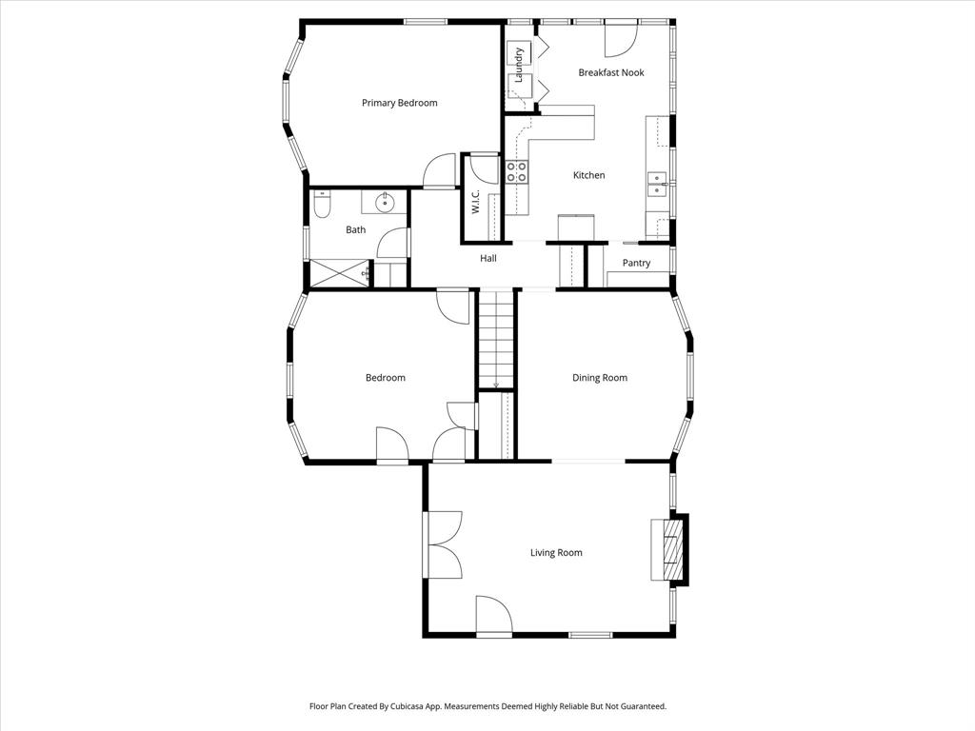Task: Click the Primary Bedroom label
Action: coord(399,103)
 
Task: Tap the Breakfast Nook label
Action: coord(610,72)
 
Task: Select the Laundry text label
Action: coord(519,65)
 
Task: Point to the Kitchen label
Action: coord(588,175)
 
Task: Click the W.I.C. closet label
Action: coord(474,203)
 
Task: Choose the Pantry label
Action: coord(636,263)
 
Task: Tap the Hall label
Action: coord(487,258)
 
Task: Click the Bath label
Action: coord(355,229)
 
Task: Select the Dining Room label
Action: coord(599,378)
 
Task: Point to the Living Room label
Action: coord(556,552)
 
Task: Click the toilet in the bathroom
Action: coord(322,204)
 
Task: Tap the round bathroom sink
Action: coord(385,202)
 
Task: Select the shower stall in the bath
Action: coord(340,272)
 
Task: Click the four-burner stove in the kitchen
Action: coord(516,171)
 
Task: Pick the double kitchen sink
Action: coord(657,184)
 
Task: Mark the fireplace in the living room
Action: coord(672,549)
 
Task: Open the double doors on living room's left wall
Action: coord(443,544)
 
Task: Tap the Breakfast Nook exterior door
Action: coord(620,36)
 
